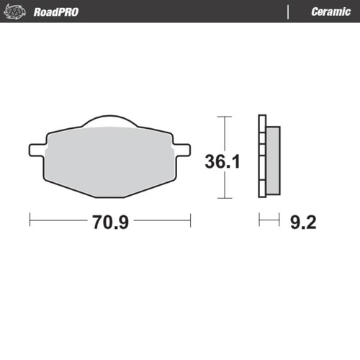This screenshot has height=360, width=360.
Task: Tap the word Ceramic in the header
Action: coord(330,12)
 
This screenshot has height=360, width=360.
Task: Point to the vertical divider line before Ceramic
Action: coord(289,12)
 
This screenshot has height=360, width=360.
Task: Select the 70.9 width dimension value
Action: coord(110,221)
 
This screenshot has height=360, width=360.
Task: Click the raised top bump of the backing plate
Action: coord(109,121)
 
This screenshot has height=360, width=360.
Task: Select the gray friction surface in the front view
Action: coord(109,158)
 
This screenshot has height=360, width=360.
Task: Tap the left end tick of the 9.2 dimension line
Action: coord(260,220)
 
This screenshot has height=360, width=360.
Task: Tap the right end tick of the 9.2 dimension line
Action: coord(279,220)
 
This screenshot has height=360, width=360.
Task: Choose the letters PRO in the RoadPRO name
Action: coord(68,12)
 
